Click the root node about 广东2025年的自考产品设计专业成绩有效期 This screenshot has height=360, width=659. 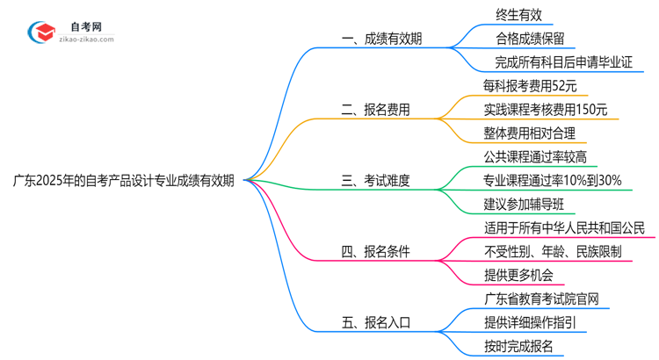click(123, 182)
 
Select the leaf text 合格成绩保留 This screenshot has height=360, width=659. click(530, 39)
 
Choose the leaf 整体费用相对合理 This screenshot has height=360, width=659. click(530, 133)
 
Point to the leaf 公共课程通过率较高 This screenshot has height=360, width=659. click(535, 157)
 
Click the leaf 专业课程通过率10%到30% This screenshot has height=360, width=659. click(553, 181)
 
